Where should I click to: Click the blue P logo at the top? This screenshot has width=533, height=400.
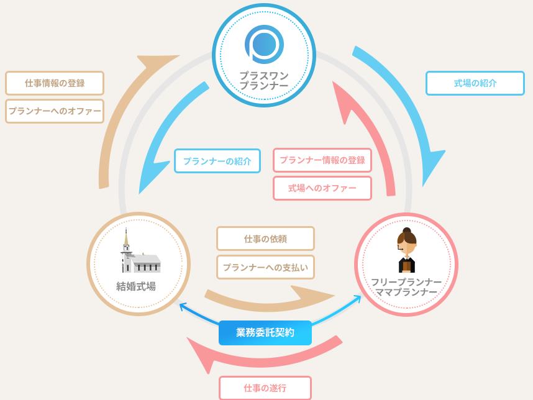(263, 44)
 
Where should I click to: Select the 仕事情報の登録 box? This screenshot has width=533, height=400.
(55, 83)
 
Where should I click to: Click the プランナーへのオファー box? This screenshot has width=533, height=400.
(55, 111)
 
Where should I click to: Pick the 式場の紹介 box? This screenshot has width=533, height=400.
(475, 83)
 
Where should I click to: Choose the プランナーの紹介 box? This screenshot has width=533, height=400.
(217, 161)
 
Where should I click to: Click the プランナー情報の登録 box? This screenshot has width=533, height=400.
(322, 160)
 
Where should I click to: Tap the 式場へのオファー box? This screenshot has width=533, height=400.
(322, 188)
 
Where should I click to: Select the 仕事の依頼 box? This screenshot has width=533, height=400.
(265, 239)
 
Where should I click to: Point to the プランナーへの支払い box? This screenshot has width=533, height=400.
(265, 267)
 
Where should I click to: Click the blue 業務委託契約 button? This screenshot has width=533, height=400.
(265, 333)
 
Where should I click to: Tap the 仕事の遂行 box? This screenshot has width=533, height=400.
(265, 388)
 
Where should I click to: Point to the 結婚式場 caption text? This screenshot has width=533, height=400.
(136, 286)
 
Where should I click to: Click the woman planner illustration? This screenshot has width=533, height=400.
(406, 251)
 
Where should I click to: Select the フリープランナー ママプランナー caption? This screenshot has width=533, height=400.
(406, 287)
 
